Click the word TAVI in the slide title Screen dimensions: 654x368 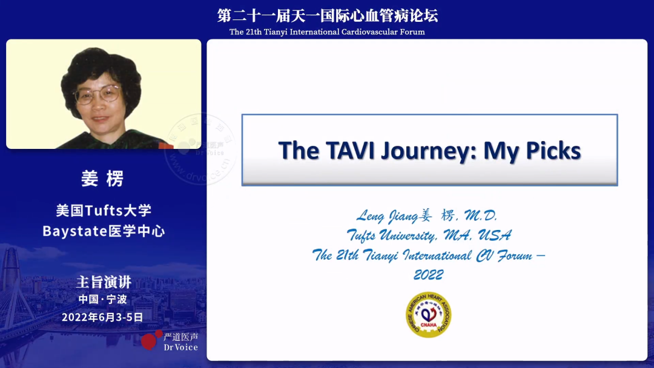[x=348, y=150]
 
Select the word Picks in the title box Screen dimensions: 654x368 [x=551, y=150]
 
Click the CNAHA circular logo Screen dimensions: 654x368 [x=428, y=314]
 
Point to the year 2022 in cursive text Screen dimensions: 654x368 [x=428, y=275]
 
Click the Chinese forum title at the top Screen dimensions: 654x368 [x=328, y=16]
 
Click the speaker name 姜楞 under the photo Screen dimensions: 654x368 [x=102, y=179]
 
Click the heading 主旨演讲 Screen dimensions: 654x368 [x=104, y=282]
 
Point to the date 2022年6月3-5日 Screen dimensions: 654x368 [x=102, y=317]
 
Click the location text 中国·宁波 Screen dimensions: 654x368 [x=102, y=299]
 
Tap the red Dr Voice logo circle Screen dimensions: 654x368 [x=148, y=341]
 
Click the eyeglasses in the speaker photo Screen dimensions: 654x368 [x=97, y=95]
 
